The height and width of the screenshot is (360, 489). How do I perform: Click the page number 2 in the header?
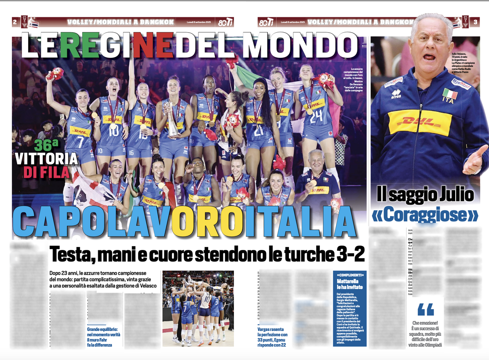coord(14,22)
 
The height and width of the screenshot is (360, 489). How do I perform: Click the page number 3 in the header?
coord(475,22)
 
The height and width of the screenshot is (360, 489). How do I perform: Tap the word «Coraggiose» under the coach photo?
coord(425,215)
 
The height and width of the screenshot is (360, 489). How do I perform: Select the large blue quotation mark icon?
coord(426,310)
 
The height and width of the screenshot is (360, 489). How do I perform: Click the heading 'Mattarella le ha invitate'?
coord(350,284)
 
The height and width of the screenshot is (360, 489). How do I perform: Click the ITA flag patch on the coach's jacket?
coord(450,95)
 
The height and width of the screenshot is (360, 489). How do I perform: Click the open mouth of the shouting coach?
coord(429,57)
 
